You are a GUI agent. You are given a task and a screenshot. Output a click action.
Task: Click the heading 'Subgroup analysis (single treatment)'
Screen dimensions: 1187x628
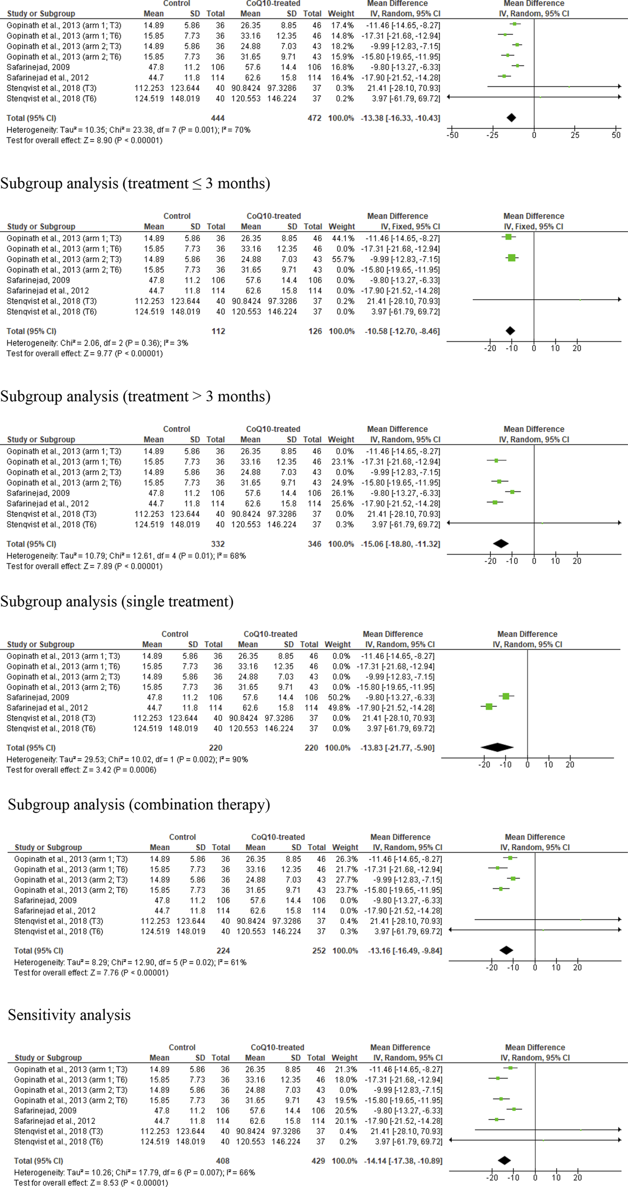pos(117,602)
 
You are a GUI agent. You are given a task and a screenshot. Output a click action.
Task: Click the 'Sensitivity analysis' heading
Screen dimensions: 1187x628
pos(69,1015)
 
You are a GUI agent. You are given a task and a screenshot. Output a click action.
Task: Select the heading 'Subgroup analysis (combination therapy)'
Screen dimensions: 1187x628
pos(139,804)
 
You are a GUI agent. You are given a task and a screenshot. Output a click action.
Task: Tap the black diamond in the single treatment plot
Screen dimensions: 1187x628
pos(497,747)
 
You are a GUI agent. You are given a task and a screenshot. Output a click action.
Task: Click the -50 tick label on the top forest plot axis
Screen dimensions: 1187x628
pos(452,135)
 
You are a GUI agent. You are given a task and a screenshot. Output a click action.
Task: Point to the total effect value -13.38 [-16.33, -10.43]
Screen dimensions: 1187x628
pos(403,118)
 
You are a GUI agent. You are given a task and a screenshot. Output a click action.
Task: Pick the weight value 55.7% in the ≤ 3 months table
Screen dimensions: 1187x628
pos(342,259)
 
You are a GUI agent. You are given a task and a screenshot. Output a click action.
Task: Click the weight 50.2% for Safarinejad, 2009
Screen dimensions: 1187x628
pos(337,697)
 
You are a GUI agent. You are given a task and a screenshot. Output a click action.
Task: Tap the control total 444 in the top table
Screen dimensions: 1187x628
pos(218,118)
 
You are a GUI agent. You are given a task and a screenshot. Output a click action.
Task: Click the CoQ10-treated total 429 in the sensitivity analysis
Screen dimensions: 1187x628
pos(318,1161)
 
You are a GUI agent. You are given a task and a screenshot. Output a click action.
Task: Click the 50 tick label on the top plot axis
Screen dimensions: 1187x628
pos(616,135)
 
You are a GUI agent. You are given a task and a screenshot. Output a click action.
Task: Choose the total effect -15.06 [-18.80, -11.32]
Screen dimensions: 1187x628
pos(402,544)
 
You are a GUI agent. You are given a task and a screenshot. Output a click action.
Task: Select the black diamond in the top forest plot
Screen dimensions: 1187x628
pos(511,118)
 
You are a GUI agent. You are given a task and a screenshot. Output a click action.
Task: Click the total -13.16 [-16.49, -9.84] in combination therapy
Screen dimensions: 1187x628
pos(405,951)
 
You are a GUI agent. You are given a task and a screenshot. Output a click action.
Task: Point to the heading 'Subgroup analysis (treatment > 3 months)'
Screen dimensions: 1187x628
pos(135,396)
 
